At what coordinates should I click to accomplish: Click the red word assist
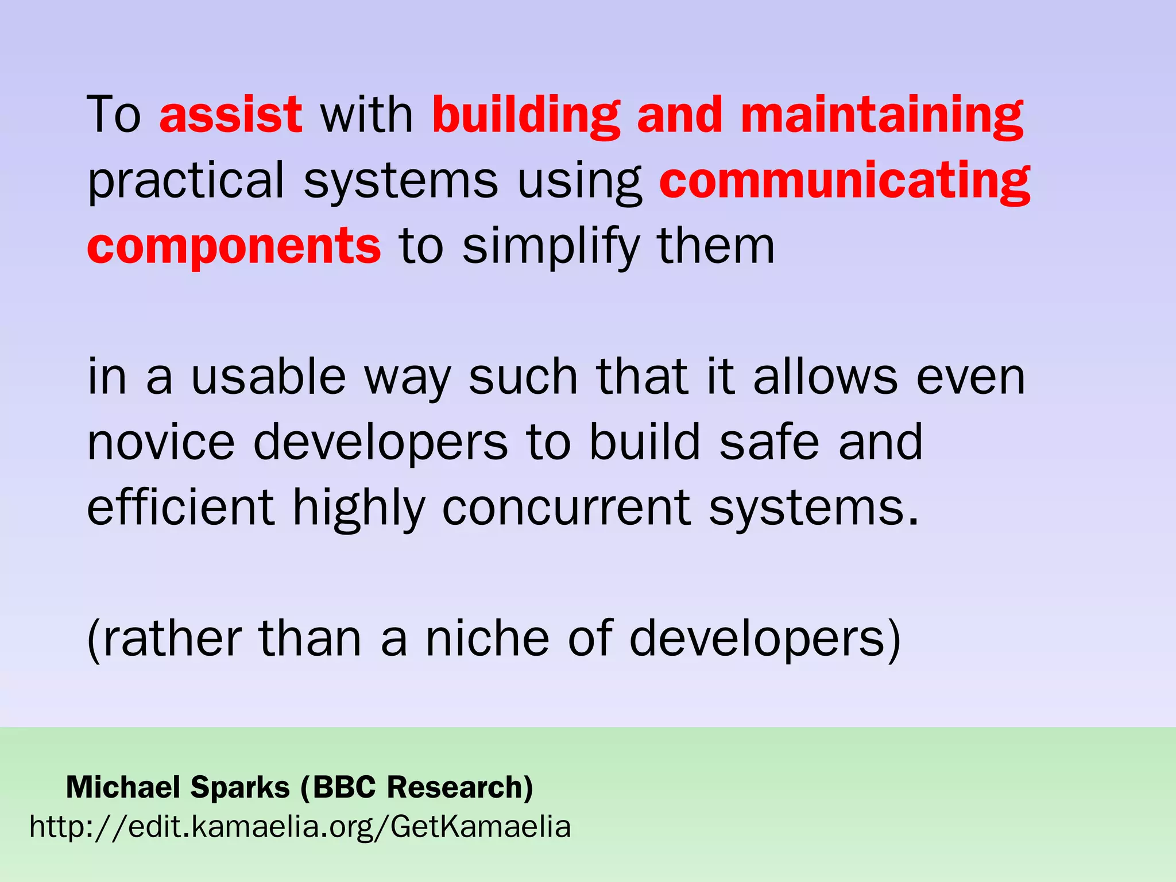[230, 115]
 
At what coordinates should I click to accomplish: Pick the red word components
[234, 247]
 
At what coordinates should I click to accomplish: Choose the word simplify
[551, 247]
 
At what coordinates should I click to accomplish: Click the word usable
[269, 377]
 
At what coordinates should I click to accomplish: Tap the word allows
[825, 377]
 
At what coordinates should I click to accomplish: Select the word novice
[161, 442]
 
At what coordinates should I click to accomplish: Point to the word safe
[769, 442]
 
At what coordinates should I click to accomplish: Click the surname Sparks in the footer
[240, 787]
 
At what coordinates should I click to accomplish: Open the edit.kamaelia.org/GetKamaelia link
[300, 827]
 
